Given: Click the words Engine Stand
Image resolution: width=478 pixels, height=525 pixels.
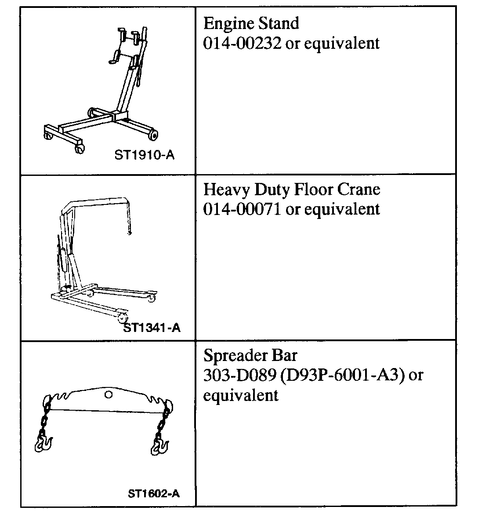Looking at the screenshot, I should (251, 23).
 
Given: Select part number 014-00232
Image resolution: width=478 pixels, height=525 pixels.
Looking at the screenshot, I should (242, 43).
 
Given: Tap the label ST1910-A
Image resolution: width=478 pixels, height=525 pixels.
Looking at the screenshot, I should (144, 155).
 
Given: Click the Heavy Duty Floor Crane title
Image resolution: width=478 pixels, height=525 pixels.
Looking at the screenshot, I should (292, 190).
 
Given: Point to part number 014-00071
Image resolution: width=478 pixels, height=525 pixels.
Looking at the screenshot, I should (242, 209).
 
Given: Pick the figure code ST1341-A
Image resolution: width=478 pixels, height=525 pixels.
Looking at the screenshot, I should (152, 328).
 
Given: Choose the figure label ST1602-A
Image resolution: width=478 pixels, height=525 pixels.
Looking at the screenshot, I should (154, 493).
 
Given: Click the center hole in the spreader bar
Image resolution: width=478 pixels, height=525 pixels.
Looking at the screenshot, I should (109, 395).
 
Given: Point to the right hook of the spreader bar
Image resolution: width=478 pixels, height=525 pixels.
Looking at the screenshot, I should (159, 444).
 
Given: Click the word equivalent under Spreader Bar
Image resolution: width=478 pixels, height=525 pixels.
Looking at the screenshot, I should (240, 395).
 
